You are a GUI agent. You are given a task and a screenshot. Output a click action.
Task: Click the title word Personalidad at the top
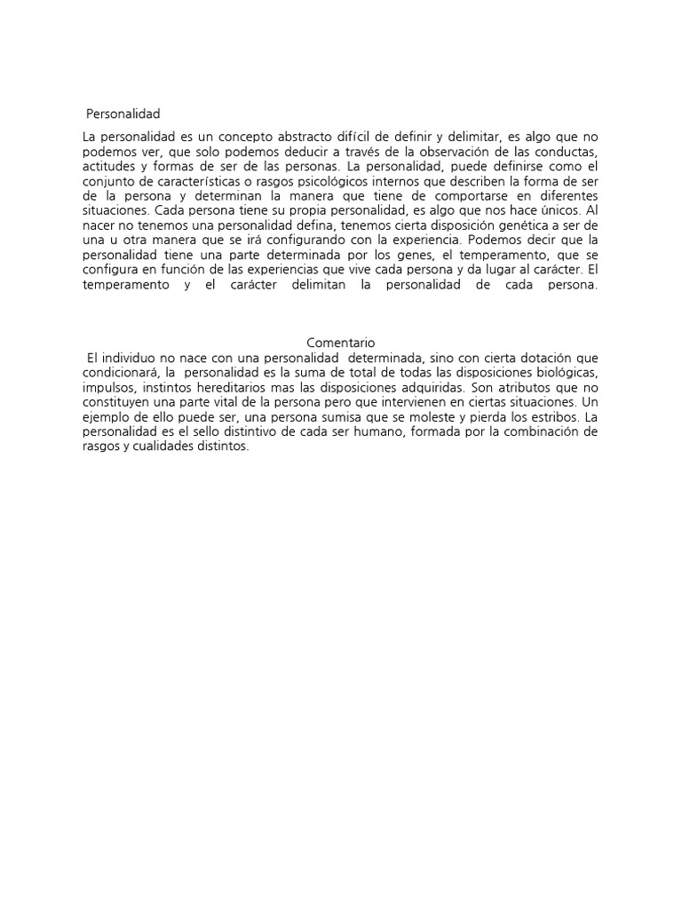point(123,114)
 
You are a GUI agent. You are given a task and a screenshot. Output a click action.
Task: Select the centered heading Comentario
point(341,342)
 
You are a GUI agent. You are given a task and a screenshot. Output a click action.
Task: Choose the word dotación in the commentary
point(538,357)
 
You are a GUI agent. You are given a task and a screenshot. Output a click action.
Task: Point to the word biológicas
point(563,372)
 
